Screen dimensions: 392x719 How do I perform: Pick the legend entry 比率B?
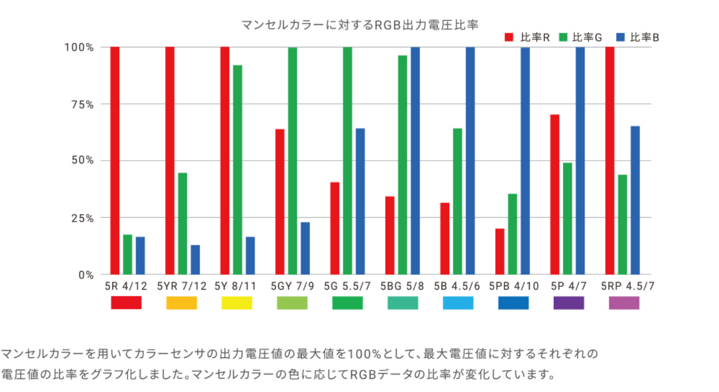click(x=638, y=37)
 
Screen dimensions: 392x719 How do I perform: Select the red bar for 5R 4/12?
click(x=115, y=161)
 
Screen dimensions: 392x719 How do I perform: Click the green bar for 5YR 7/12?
click(x=183, y=224)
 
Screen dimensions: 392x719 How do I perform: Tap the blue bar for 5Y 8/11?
click(x=250, y=255)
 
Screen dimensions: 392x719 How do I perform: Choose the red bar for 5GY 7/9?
click(x=280, y=202)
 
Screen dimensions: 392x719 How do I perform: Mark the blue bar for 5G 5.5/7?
click(x=360, y=201)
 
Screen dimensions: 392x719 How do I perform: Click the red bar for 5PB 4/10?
click(x=500, y=251)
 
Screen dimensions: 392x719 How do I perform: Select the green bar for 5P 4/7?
click(x=568, y=219)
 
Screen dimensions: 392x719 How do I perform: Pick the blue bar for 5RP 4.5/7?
click(x=635, y=200)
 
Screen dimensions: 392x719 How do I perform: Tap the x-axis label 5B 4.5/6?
click(x=457, y=286)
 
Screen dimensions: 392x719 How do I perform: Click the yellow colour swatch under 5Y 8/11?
click(x=237, y=303)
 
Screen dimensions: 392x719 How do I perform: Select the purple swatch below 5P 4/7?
click(x=569, y=303)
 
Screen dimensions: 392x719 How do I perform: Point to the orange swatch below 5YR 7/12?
click(x=182, y=303)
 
